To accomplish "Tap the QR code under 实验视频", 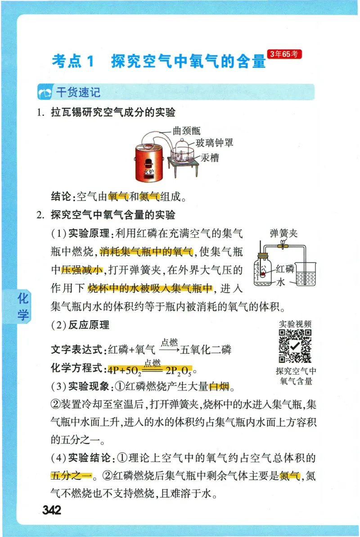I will coord(295,346).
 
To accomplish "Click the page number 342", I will coord(52,510).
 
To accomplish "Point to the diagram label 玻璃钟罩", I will coord(214,143).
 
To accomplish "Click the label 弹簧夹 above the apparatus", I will coord(283,233).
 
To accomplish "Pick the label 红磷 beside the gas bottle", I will coord(285,269).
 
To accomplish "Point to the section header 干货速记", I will coord(77,93).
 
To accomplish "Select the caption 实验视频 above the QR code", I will coord(295,324).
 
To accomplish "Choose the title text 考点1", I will coord(72,62).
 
